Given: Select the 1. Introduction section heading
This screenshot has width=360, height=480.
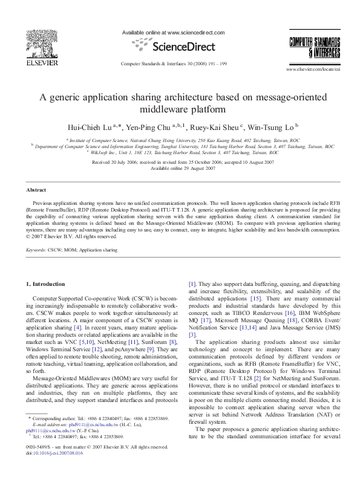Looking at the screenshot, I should [x=47, y=284].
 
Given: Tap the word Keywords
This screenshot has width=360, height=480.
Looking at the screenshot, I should [x=36, y=249].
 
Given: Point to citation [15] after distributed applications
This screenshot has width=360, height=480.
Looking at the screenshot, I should [x=255, y=299].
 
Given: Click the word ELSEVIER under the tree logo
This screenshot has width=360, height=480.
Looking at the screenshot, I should [x=28, y=62].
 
